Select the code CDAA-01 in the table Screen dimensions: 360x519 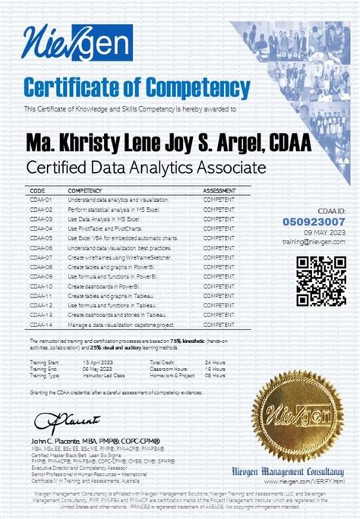(x=41, y=199)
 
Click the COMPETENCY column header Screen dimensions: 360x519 (x=86, y=190)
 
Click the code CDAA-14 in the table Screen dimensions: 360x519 (x=41, y=324)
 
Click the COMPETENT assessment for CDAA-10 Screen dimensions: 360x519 (x=219, y=286)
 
